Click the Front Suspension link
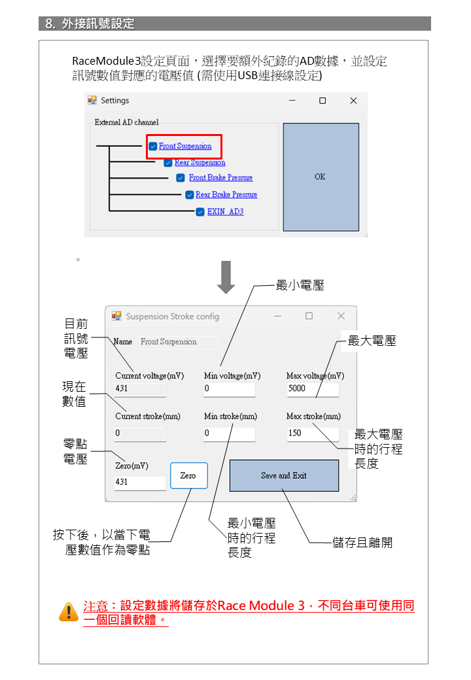(x=185, y=146)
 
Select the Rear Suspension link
(x=200, y=163)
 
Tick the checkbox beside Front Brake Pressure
(x=181, y=178)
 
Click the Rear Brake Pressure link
(x=226, y=195)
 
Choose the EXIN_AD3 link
(x=225, y=212)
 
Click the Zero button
(x=188, y=475)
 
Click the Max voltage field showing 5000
(x=312, y=388)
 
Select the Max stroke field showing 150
(x=312, y=433)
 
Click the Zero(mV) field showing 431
(x=140, y=483)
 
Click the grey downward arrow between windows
(x=226, y=277)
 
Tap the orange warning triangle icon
(x=68, y=611)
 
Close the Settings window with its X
(x=353, y=101)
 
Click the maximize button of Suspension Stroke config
(x=309, y=316)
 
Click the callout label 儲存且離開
(x=362, y=543)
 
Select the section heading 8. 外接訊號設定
(x=90, y=24)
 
